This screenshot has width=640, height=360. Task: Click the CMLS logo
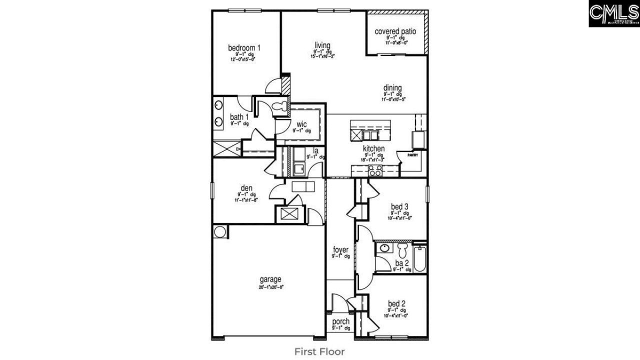click(x=614, y=13)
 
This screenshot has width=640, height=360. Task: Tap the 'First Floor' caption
click(x=319, y=351)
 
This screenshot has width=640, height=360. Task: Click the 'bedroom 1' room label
click(x=244, y=48)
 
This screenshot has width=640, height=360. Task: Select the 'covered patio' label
click(x=395, y=31)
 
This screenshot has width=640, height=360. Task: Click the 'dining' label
click(x=392, y=88)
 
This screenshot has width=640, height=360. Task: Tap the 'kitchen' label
click(x=373, y=148)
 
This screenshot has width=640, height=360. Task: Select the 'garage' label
click(x=270, y=279)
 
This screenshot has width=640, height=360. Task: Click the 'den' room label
click(x=246, y=188)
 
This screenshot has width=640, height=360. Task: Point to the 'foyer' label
click(x=340, y=249)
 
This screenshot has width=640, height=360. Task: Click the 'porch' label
click(x=340, y=321)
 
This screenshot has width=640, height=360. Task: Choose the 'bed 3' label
click(x=400, y=206)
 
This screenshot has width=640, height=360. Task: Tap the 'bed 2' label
click(x=396, y=303)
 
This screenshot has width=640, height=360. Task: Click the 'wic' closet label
click(x=301, y=123)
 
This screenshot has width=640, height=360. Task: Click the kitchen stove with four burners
click(x=375, y=171)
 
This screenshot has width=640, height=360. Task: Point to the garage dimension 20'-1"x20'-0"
click(x=270, y=287)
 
